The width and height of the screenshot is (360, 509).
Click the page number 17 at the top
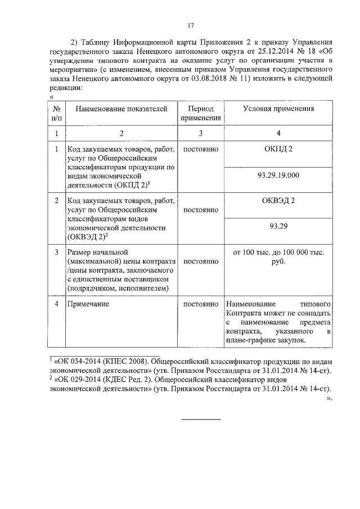pos(191,25)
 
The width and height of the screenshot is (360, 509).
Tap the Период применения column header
pos(201,114)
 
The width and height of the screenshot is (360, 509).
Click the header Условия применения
pos(278,109)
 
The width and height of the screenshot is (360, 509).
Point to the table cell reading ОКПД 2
pos(278,150)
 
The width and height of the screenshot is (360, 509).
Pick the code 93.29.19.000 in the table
pos(278,176)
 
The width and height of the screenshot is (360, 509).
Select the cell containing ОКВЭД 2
pos(278,201)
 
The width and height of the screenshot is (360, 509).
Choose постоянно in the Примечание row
pos(201,304)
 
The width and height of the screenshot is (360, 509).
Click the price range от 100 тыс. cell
pos(278,257)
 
